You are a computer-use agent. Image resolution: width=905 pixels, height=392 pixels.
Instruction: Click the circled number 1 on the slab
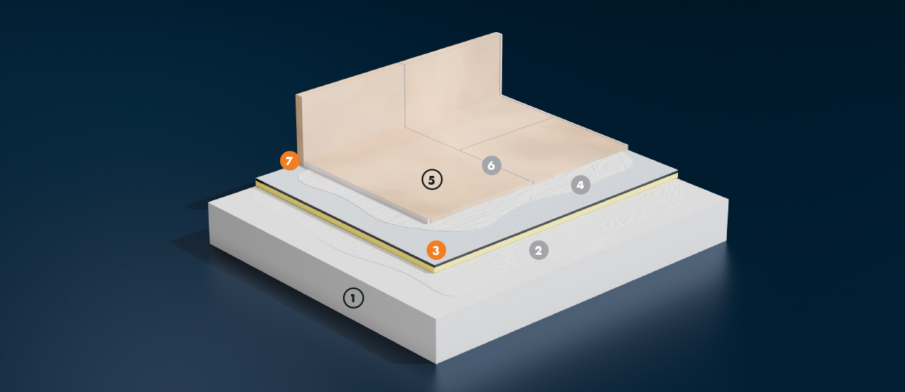pos(353,299)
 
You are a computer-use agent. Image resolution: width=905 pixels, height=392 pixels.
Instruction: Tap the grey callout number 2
pos(539,250)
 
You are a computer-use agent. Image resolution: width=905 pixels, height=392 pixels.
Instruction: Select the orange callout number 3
pos(436,250)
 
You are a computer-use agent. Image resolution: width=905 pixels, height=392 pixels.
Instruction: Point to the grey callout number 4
pos(580,185)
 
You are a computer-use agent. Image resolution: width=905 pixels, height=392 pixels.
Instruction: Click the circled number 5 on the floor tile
pos(432,180)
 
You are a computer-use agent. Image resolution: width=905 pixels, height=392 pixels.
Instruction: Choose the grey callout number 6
pos(491,165)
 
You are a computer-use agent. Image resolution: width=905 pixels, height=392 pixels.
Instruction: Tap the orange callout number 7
pos(289,161)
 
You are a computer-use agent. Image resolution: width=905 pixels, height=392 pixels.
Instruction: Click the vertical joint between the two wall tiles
pos(404,96)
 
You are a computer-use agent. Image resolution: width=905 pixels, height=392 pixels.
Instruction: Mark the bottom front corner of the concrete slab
pos(436,363)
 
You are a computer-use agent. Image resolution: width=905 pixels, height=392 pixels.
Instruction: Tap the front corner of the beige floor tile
pos(429,221)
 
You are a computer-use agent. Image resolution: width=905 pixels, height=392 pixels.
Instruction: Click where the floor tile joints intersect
pos(461,149)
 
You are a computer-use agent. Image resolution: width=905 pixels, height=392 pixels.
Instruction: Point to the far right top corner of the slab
pos(728,199)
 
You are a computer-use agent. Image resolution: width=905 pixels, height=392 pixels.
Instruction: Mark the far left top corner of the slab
pos(209,203)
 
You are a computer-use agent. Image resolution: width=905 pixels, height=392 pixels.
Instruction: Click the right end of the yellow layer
pos(677,176)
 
